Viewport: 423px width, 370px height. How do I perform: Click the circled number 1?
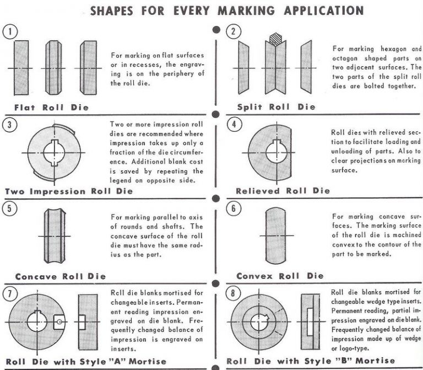9,31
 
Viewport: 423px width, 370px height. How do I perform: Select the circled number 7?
9,293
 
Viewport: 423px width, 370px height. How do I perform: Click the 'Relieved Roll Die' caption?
283,191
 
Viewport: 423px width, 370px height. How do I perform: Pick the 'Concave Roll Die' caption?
60,276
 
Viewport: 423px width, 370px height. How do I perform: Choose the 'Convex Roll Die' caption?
280,275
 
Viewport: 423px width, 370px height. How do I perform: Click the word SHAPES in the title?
113,10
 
